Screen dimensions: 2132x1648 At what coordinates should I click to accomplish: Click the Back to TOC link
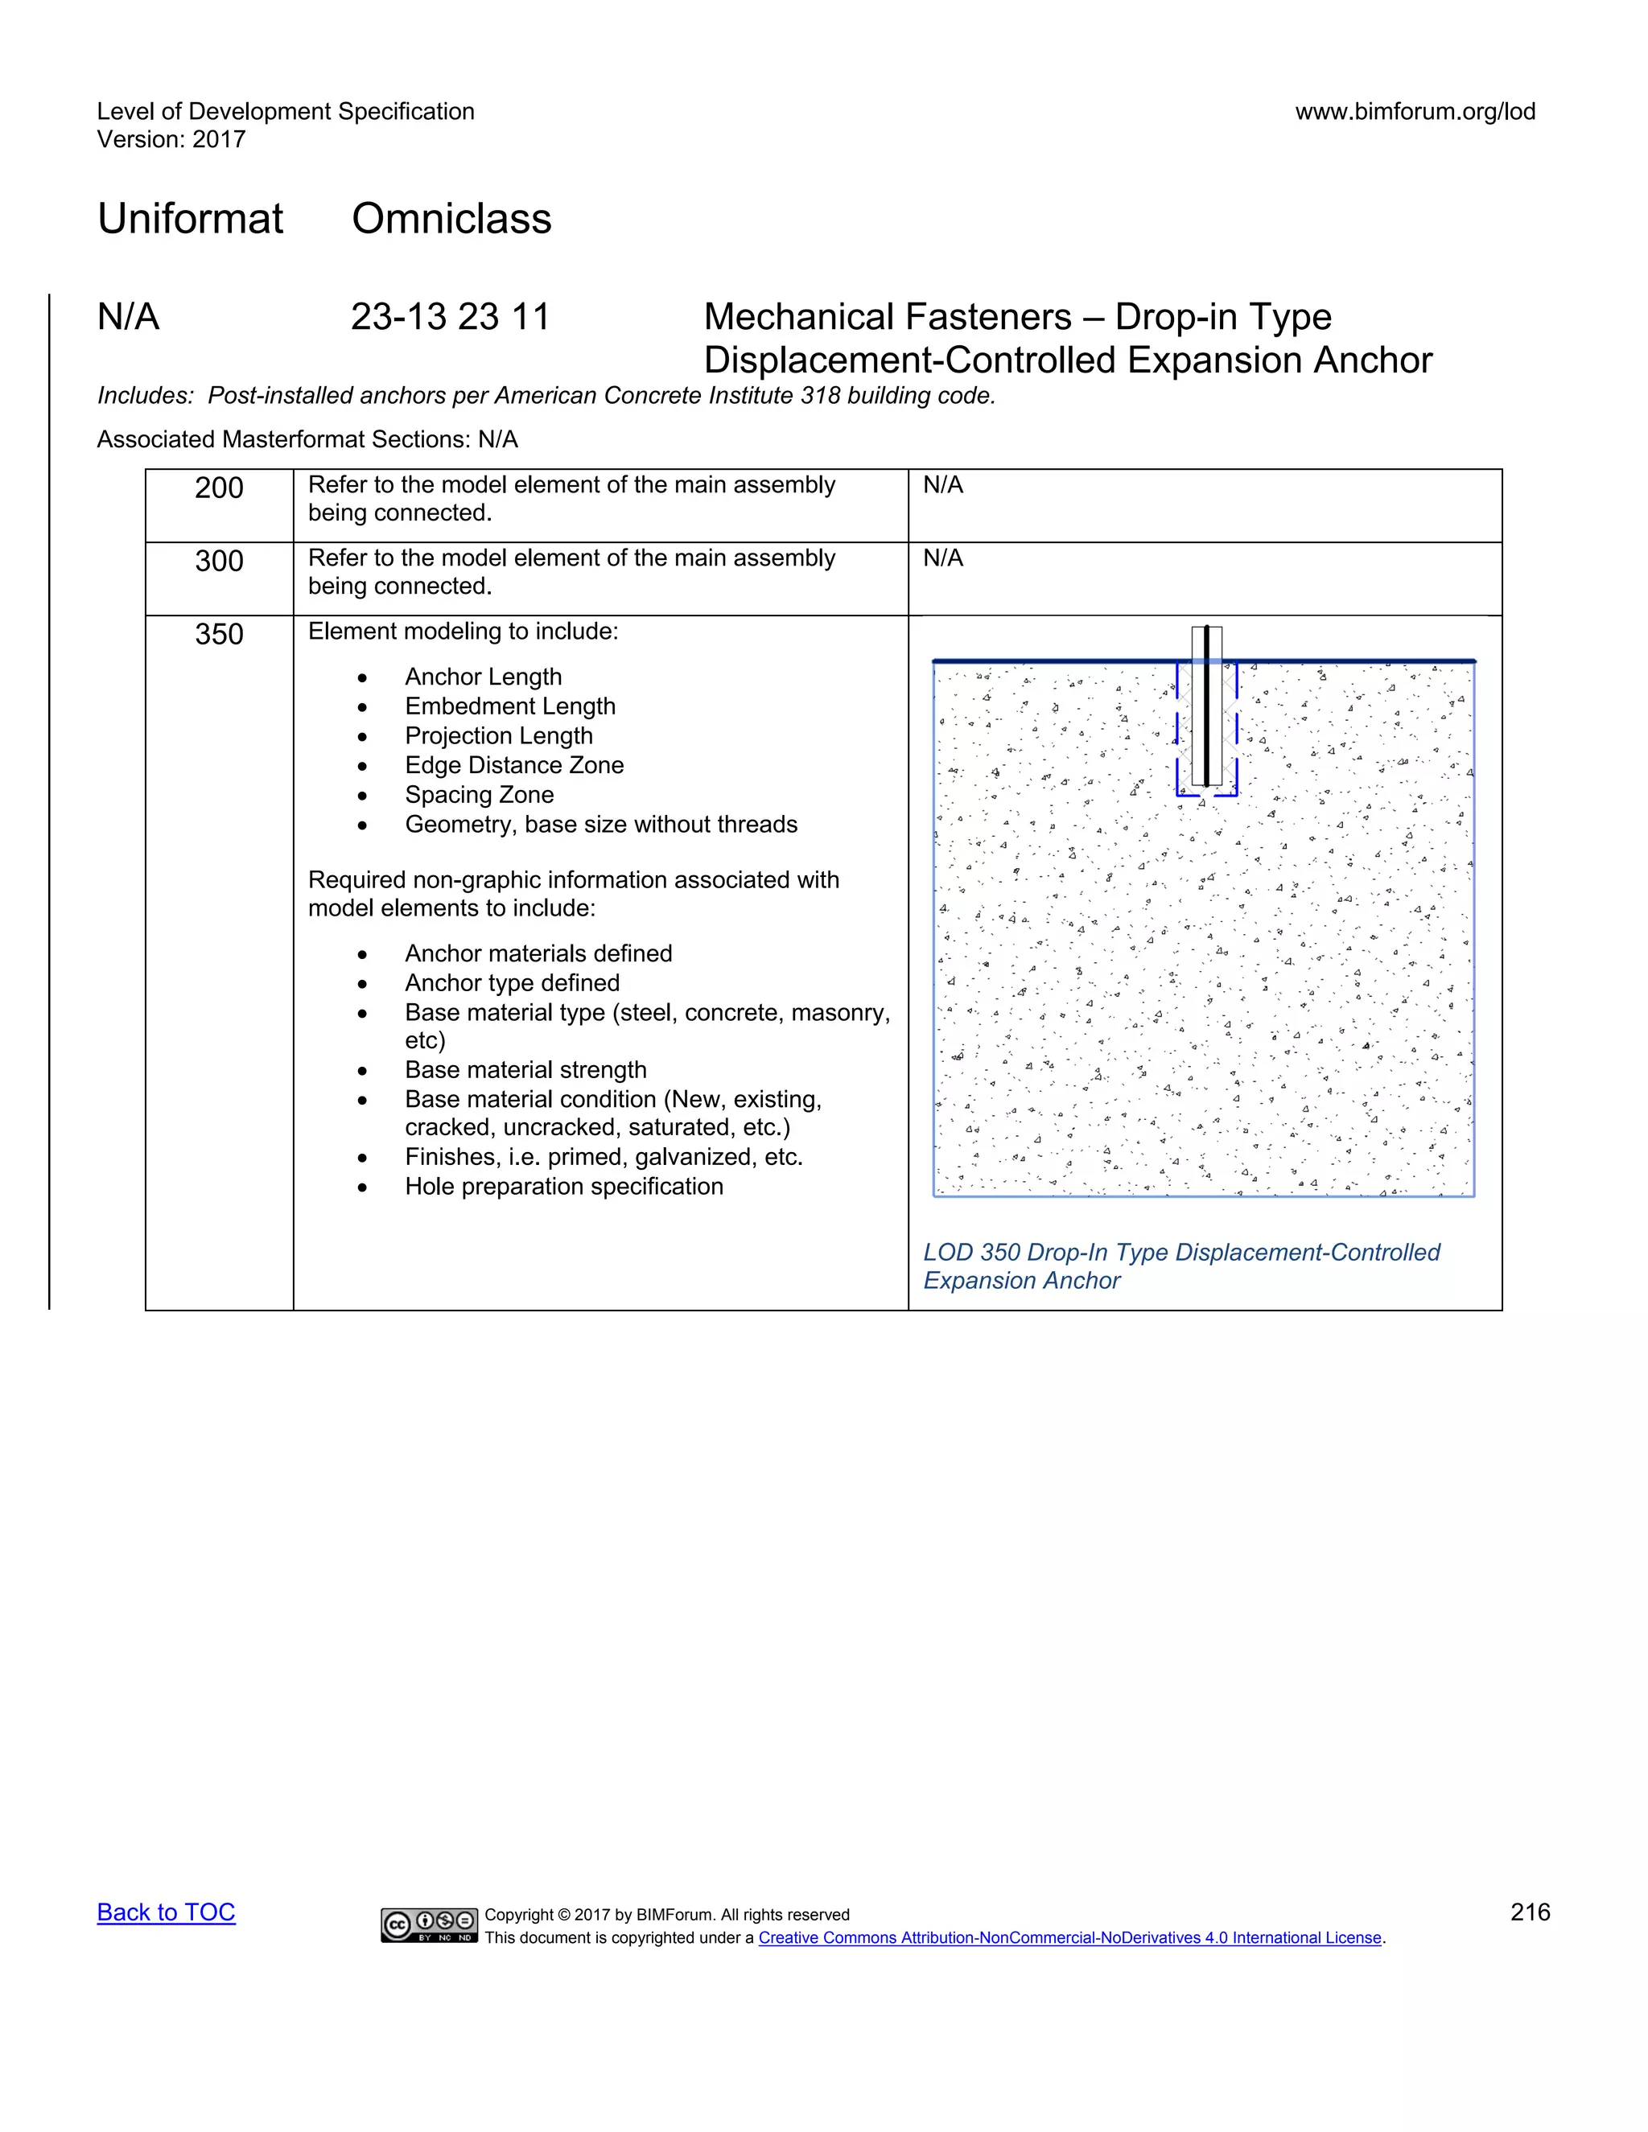(x=166, y=1912)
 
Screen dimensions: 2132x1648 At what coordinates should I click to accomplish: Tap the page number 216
(x=1530, y=1912)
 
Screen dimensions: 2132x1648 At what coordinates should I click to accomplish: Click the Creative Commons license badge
(x=430, y=1925)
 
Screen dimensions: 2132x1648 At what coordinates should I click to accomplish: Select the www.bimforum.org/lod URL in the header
(x=1415, y=111)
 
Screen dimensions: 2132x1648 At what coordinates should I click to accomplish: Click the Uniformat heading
(x=191, y=219)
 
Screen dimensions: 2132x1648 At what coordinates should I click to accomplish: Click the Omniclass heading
(x=451, y=219)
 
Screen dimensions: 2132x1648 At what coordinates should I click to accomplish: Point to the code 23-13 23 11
(x=450, y=317)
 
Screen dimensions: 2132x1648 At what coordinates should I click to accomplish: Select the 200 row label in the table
(x=219, y=488)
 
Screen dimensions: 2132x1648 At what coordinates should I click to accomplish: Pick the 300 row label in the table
(x=219, y=562)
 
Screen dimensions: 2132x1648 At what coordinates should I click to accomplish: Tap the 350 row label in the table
(x=219, y=635)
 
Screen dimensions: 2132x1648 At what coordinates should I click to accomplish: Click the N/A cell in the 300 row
(x=943, y=558)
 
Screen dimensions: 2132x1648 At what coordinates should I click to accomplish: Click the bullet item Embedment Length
(x=509, y=706)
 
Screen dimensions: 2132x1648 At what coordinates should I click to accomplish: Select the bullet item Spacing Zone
(x=480, y=795)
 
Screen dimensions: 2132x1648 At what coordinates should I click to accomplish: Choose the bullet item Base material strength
(x=525, y=1070)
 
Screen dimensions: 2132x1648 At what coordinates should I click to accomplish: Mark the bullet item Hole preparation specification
(x=563, y=1186)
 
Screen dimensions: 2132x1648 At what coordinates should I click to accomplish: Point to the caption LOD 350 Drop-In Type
(x=1180, y=1253)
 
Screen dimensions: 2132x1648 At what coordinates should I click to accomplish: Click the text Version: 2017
(x=171, y=140)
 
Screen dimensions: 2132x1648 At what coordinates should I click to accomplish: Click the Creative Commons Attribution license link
(x=1069, y=1938)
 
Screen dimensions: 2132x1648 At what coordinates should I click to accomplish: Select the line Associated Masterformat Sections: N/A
(x=307, y=439)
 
